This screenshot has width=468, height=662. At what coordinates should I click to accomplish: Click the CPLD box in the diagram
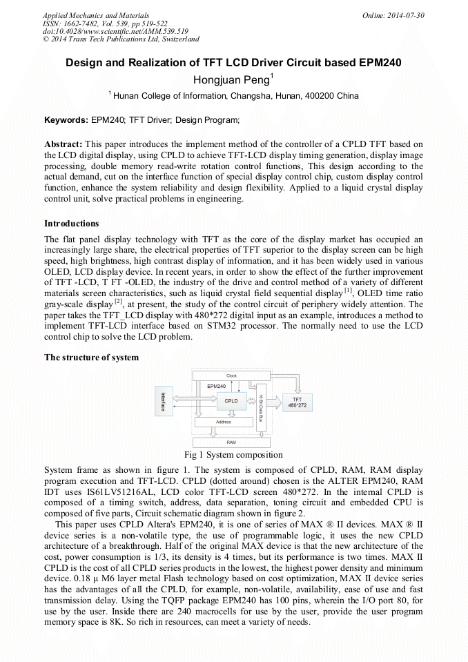(x=231, y=400)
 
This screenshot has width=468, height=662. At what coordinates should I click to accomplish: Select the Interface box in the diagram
(x=163, y=402)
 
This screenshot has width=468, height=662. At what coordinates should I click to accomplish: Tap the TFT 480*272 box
(x=297, y=402)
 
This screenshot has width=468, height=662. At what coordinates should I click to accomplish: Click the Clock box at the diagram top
(x=231, y=376)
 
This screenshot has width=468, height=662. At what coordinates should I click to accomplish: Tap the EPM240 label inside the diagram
(x=217, y=386)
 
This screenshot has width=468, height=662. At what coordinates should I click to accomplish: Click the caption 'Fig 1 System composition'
(x=233, y=455)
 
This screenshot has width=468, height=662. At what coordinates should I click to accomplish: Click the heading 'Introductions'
(x=71, y=224)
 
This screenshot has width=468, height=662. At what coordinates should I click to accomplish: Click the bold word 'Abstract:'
(x=64, y=144)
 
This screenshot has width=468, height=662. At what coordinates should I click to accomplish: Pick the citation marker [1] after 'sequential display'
(x=348, y=290)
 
